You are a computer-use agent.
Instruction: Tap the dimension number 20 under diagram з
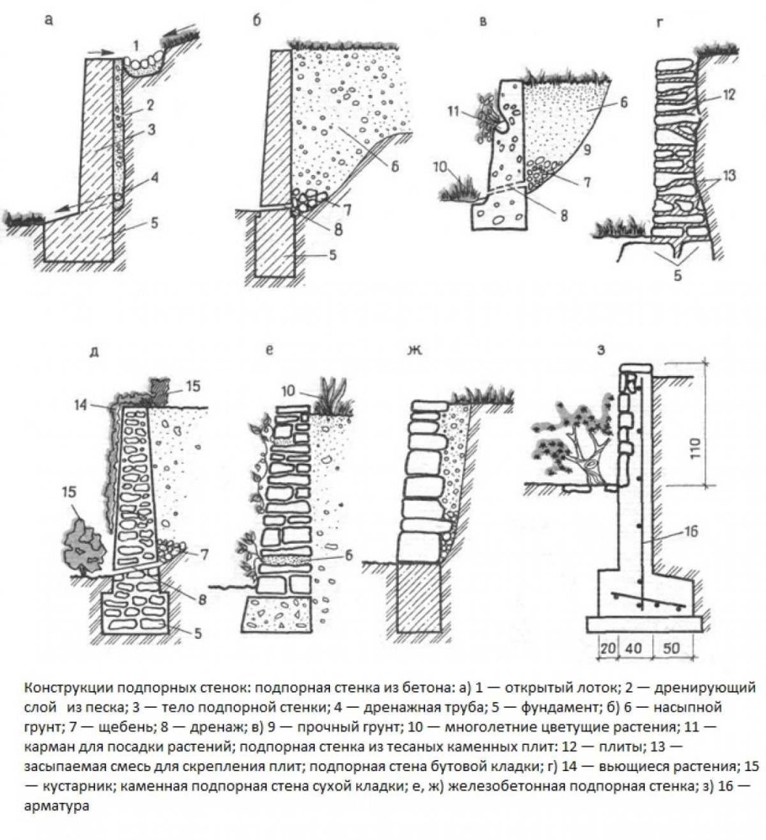pos(608,648)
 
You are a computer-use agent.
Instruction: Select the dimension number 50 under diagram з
pos(670,648)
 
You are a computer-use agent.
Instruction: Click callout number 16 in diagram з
pos(691,531)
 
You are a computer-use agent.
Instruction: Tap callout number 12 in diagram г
pos(728,95)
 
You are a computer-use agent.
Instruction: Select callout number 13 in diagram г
pos(728,175)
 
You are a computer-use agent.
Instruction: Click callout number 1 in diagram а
pos(136,45)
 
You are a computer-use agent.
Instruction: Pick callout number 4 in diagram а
pos(154,178)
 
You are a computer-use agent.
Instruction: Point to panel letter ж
pos(415,350)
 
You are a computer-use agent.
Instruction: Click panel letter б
pos(257,21)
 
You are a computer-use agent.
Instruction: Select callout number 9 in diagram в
pos(588,150)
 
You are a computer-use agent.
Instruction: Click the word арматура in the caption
pos(56,805)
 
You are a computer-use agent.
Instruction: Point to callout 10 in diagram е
pos(288,391)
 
